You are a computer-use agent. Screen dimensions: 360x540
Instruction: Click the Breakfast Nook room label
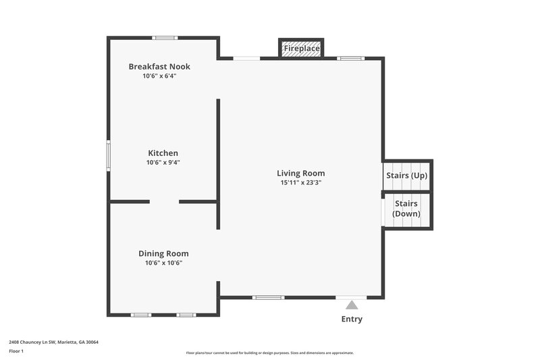(159, 66)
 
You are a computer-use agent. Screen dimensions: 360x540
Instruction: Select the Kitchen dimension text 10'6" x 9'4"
(163, 162)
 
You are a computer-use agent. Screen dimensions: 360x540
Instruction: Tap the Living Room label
(300, 173)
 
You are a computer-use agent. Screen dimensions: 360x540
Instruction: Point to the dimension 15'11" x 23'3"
(300, 182)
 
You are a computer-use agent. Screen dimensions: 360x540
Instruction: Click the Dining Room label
(163, 253)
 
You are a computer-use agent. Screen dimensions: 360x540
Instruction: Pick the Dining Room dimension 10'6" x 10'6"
(163, 263)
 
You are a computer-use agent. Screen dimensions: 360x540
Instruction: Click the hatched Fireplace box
(301, 49)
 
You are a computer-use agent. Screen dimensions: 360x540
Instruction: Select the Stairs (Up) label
(407, 176)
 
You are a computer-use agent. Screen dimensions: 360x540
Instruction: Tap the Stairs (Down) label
(406, 209)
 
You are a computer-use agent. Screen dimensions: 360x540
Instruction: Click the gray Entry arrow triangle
(352, 305)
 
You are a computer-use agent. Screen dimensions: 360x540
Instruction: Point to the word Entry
(352, 319)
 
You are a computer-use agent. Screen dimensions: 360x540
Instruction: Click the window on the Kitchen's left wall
(108, 155)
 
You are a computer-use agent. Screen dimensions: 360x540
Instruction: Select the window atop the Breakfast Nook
(165, 38)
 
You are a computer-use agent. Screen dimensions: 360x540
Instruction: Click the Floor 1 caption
(16, 351)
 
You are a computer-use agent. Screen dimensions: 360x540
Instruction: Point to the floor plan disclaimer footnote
(269, 353)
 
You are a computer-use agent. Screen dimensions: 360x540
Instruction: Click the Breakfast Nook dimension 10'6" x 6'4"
(159, 76)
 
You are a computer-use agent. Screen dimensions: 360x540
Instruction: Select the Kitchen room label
(163, 153)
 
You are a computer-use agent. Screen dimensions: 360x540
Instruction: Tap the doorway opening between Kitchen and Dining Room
(164, 201)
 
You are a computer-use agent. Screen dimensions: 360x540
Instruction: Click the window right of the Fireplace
(351, 59)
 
